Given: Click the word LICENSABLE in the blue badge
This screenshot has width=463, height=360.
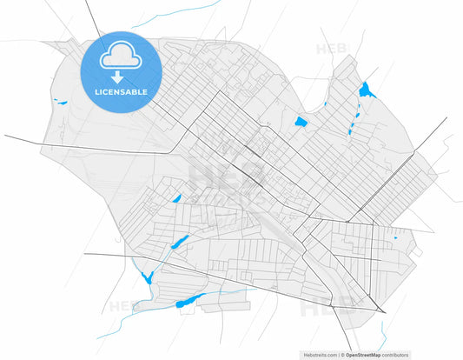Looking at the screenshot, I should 116,90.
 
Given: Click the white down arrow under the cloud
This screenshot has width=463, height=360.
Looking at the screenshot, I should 116,76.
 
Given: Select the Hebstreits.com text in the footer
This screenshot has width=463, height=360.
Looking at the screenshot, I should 321,355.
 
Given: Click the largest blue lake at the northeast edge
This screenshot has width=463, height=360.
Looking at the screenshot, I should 365,89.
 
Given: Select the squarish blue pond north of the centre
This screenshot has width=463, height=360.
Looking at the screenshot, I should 301,122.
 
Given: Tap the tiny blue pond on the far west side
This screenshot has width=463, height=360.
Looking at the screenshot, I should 61,103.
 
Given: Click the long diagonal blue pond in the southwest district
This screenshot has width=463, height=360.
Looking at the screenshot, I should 180,243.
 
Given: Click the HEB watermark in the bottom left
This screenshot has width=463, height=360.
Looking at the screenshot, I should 123,306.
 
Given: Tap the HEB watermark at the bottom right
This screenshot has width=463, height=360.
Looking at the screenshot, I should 326,306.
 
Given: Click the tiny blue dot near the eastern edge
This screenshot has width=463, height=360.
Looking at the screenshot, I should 395,237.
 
